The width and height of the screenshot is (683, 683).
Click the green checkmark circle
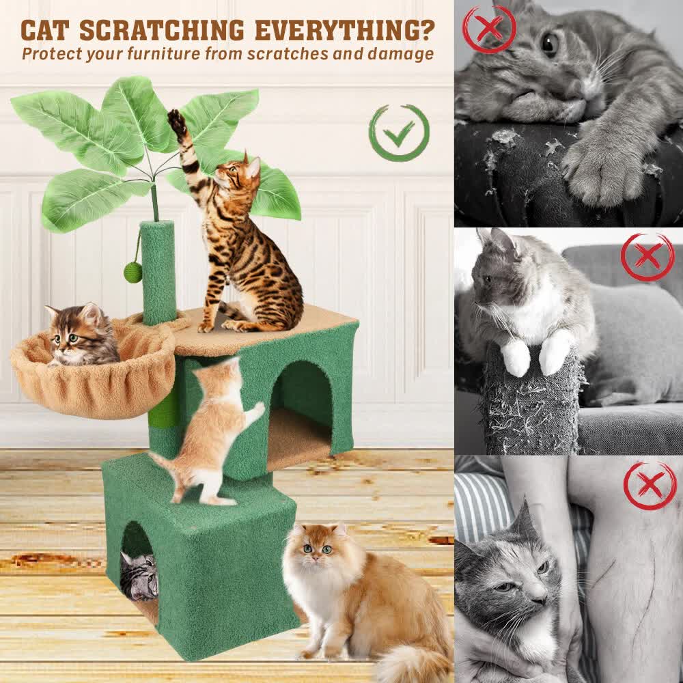pos(399,133)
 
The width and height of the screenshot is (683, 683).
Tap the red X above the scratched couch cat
pos(489,29)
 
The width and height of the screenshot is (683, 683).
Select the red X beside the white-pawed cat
pos(647,257)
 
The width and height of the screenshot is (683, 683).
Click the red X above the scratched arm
pos(650,485)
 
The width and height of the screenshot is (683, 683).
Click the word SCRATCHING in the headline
pos(161,31)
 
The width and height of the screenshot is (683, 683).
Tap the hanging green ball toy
pos(133,273)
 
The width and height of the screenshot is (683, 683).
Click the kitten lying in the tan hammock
pos(81,336)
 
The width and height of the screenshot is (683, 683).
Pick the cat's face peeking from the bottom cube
pos(139,575)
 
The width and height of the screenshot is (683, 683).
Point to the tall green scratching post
pos(158,273)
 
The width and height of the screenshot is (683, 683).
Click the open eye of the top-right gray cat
pos(548,43)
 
